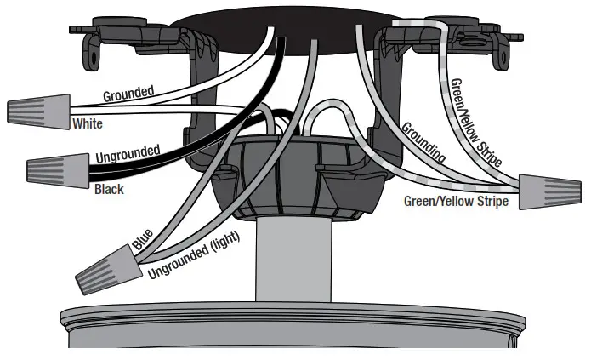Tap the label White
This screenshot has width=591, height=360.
point(88,124)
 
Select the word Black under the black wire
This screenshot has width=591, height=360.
point(108,189)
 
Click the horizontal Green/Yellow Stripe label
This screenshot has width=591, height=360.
point(455,202)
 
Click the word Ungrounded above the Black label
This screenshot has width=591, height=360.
point(128,156)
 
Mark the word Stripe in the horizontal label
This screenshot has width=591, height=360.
point(491,202)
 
